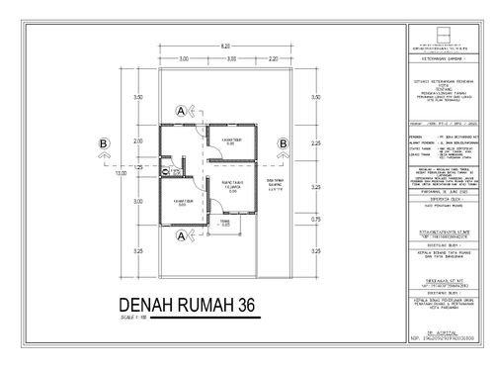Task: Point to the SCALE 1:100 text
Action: click(x=132, y=318)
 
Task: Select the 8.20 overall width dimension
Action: click(x=225, y=46)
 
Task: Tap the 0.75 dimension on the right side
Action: click(x=315, y=219)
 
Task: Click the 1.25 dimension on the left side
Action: click(x=139, y=167)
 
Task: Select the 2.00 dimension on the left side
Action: click(x=139, y=141)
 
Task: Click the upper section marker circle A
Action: click(x=181, y=111)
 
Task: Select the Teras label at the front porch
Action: click(x=225, y=224)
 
